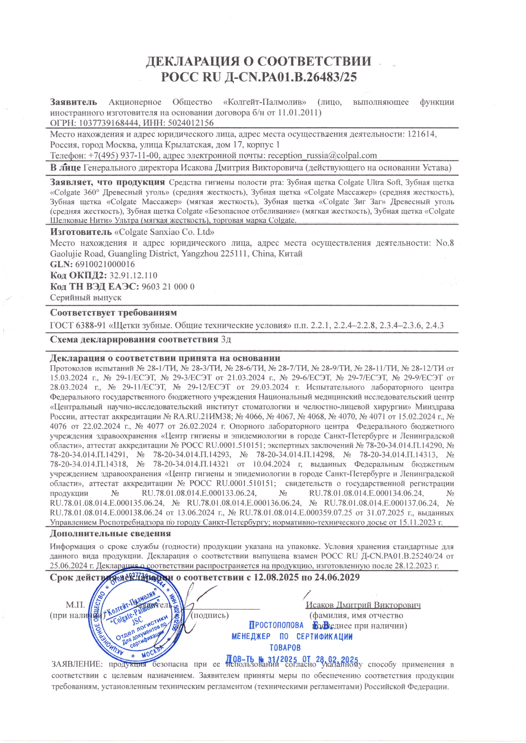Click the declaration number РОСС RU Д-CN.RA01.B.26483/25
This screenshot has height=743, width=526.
(259, 77)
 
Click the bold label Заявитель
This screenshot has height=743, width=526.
(73, 102)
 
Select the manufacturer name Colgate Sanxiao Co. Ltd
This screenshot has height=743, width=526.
(164, 232)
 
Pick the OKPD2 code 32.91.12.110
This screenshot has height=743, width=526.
(133, 275)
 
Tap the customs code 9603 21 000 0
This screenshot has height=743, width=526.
(168, 287)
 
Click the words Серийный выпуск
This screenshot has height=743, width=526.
(86, 298)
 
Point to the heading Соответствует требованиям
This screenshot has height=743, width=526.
(113, 313)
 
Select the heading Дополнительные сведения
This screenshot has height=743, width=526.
(110, 534)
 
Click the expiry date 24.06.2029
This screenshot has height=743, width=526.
(335, 577)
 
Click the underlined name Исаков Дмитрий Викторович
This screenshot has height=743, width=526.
(363, 605)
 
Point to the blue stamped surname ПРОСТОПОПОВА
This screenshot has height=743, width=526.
(276, 625)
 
